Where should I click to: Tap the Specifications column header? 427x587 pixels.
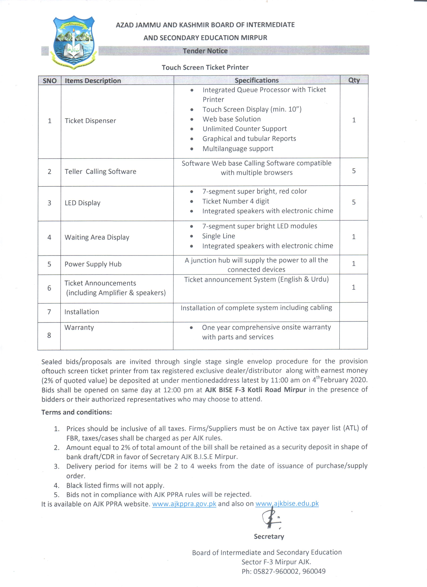256,81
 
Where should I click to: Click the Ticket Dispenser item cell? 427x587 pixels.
90,121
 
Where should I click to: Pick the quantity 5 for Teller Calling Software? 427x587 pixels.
354,171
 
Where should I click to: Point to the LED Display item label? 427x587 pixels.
82,203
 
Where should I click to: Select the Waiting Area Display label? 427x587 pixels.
97,237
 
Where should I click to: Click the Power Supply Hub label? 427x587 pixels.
93,264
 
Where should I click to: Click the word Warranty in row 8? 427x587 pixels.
79,327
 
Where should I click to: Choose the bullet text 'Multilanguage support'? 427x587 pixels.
238,149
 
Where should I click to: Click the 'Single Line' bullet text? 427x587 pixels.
219,236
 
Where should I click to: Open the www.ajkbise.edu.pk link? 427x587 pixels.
287,503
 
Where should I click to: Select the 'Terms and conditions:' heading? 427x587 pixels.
77,412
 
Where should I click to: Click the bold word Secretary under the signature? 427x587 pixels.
269,536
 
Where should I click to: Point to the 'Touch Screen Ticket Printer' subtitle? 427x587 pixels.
205,68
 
